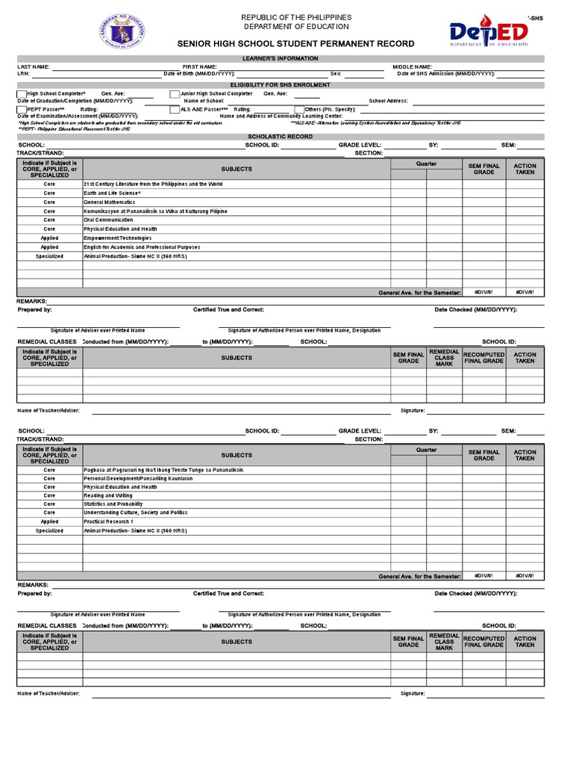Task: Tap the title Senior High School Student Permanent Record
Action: pos(295,44)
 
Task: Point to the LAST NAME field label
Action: pos(34,66)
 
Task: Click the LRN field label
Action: pos(23,74)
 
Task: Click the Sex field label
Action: pos(336,74)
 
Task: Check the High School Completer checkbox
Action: pos(22,94)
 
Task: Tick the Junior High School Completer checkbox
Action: pos(175,94)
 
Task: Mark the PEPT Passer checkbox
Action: pos(22,110)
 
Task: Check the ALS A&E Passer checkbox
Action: pos(175,110)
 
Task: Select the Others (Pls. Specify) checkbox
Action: pos(299,110)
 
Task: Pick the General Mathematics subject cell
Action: pos(110,202)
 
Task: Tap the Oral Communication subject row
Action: pos(109,220)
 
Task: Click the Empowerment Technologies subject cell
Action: pos(117,238)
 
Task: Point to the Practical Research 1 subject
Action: pos(109,522)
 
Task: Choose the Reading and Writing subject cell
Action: pos(108,495)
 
